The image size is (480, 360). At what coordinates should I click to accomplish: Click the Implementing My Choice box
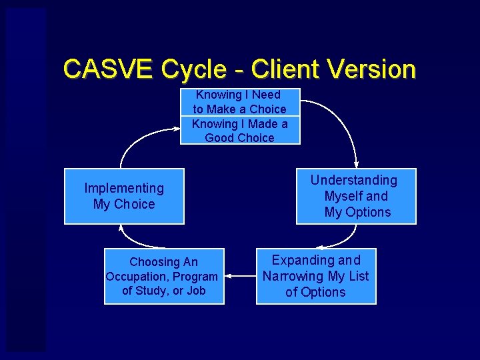(x=124, y=196)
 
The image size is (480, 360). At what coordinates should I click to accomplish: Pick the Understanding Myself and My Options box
(x=356, y=196)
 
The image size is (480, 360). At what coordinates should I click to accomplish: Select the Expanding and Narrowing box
(x=316, y=276)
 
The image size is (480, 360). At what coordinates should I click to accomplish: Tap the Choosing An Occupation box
(x=164, y=276)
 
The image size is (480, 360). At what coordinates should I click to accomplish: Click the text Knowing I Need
(x=238, y=95)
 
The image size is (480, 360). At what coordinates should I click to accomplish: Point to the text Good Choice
(x=239, y=138)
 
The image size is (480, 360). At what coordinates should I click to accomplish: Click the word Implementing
(x=124, y=189)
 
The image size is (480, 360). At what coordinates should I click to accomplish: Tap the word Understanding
(x=353, y=181)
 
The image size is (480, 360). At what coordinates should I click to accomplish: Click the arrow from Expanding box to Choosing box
(x=240, y=275)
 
